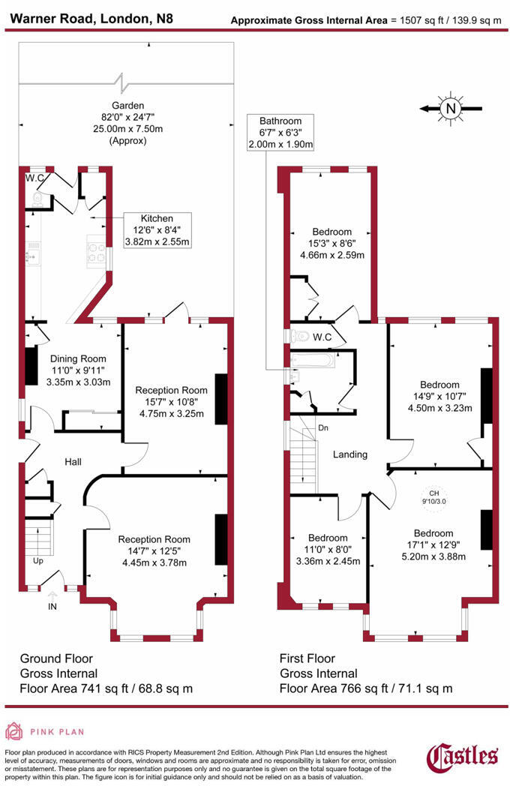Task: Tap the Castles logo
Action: [x=462, y=757]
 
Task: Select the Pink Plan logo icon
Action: [x=14, y=731]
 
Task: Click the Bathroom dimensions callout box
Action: [x=280, y=132]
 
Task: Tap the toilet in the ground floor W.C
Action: [x=37, y=197]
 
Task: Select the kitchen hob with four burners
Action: [x=98, y=250]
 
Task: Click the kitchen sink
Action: [x=31, y=256]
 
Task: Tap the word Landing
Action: [x=349, y=454]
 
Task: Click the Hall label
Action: [x=73, y=461]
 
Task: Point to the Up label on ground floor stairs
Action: [x=37, y=560]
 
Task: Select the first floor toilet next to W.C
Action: [x=298, y=335]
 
